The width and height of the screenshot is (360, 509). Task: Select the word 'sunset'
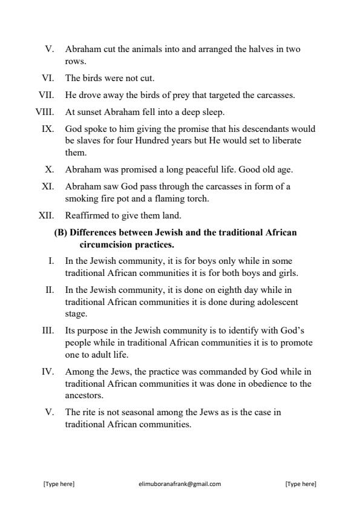tap(88, 111)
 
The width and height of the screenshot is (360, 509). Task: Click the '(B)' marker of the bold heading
tap(61, 232)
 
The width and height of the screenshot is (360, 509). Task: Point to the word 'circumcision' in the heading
tap(105, 244)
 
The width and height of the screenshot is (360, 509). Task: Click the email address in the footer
tap(180, 484)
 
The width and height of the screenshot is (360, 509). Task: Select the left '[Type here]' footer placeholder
tap(58, 484)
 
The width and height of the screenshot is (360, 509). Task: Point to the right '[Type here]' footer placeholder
tap(300, 484)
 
